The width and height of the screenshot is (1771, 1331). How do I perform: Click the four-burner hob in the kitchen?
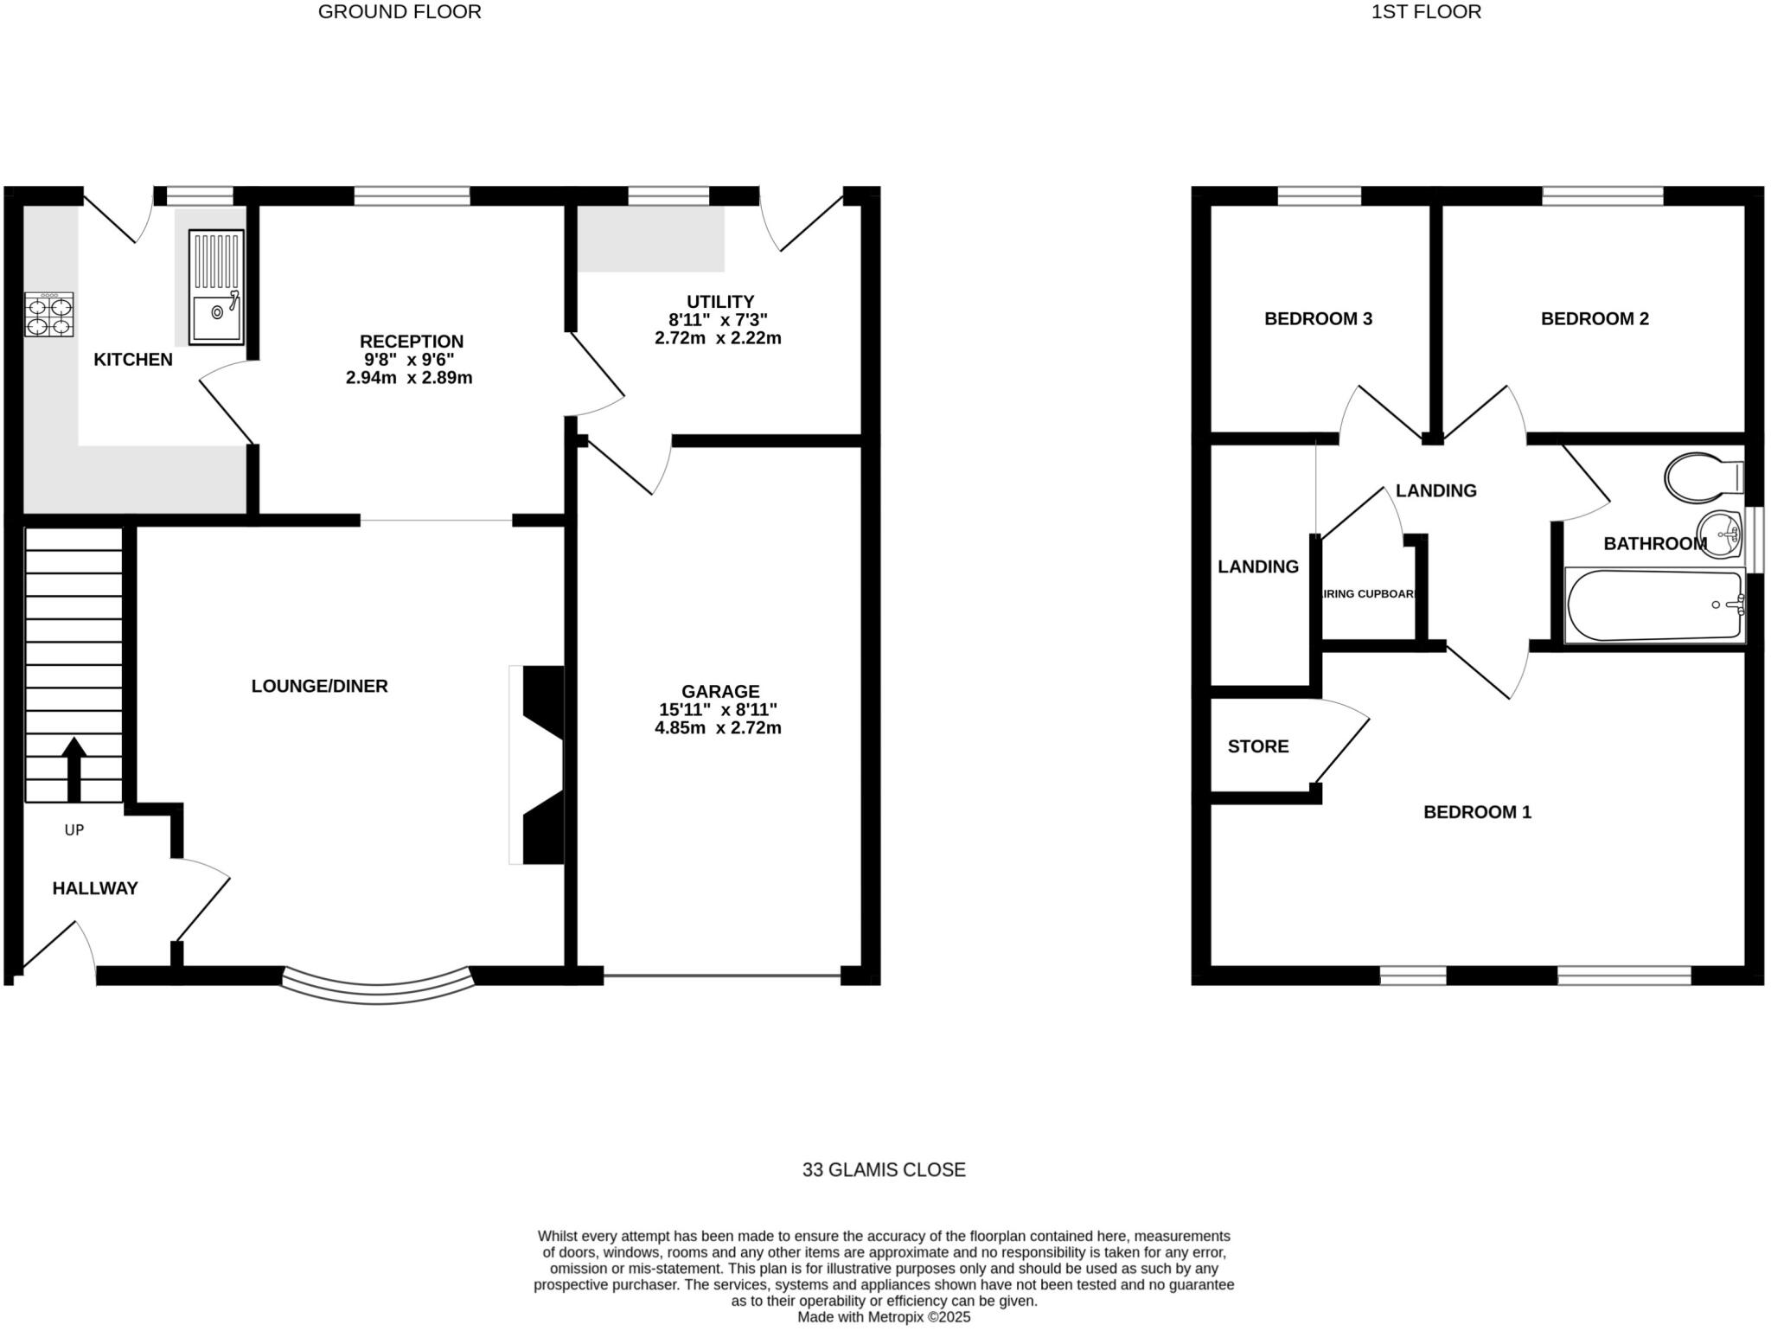click(x=49, y=315)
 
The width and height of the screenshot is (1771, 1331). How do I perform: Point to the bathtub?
click(x=1653, y=605)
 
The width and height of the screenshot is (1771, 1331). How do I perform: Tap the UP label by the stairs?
click(x=74, y=830)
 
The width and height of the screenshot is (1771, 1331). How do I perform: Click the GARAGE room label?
click(x=720, y=691)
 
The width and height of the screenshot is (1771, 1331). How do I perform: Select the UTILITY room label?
click(x=720, y=302)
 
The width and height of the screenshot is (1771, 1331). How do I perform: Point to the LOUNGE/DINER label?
click(x=320, y=686)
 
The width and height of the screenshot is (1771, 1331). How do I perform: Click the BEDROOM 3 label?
click(x=1318, y=318)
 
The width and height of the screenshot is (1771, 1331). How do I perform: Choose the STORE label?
click(x=1258, y=746)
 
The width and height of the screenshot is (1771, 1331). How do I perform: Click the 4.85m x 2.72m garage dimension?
click(x=718, y=728)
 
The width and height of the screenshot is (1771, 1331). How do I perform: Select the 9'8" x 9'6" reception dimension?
click(x=409, y=360)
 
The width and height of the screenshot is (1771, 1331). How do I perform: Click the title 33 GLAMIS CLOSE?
click(x=884, y=1170)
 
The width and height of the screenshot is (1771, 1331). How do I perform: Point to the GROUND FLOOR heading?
click(x=400, y=12)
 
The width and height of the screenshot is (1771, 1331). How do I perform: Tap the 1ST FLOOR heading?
click(x=1426, y=12)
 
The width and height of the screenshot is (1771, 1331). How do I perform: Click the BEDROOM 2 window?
click(x=1602, y=196)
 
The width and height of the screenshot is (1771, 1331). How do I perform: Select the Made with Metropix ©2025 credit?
click(x=884, y=1317)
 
